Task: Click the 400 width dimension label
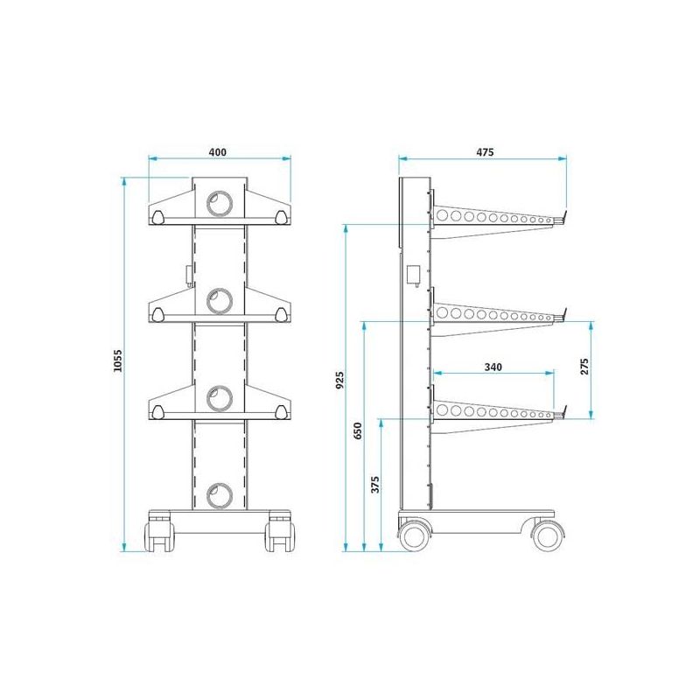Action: point(217,152)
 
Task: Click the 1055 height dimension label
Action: point(117,360)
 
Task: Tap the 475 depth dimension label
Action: point(485,152)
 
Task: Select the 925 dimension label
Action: point(339,380)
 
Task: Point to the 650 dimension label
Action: point(358,430)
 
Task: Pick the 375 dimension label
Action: point(375,485)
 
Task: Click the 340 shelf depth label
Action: point(493,367)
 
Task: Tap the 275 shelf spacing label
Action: point(584,366)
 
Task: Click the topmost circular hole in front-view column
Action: point(220,204)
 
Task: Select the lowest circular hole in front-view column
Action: point(220,495)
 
